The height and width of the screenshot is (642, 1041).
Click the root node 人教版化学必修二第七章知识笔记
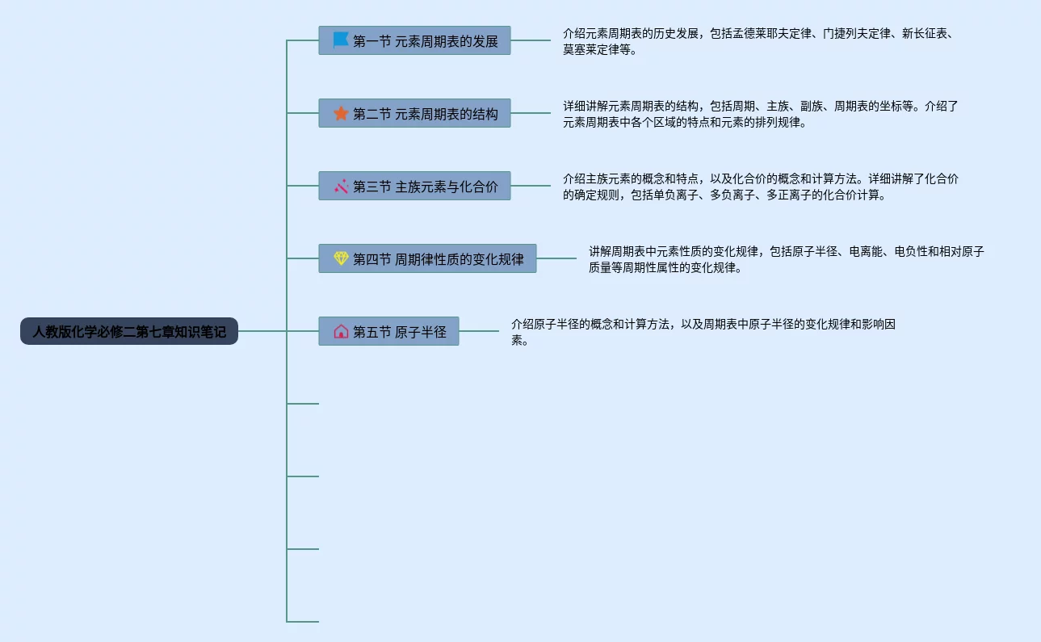pyautogui.click(x=129, y=331)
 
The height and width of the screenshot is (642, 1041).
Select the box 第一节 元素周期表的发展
pyautogui.click(x=414, y=40)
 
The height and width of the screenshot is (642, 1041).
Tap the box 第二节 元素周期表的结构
pyautogui.click(x=414, y=113)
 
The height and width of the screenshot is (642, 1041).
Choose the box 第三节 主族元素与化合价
pyautogui.click(x=414, y=186)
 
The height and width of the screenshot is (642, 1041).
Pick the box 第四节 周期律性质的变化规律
pyautogui.click(x=427, y=258)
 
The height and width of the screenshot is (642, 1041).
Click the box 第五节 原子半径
pyautogui.click(x=388, y=331)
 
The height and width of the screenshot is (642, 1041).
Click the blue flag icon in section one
pyautogui.click(x=341, y=40)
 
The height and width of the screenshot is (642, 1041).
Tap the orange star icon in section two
pyautogui.click(x=341, y=113)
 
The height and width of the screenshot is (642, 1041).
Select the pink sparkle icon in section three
pyautogui.click(x=341, y=186)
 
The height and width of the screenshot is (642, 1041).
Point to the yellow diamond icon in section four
pyautogui.click(x=341, y=258)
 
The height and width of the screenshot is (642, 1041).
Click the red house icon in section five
pyautogui.click(x=341, y=331)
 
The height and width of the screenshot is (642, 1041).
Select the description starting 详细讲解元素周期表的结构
pyautogui.click(x=760, y=114)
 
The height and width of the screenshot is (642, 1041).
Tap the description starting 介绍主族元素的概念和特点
pyautogui.click(x=760, y=187)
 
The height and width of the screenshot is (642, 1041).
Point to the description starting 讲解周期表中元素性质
pyautogui.click(x=786, y=259)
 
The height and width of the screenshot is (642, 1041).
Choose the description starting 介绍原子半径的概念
pyautogui.click(x=703, y=332)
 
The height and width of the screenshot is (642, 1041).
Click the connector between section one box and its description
pyautogui.click(x=531, y=40)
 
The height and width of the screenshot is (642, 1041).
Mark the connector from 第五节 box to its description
pyautogui.click(x=479, y=331)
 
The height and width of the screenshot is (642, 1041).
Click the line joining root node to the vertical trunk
pyautogui.click(x=262, y=331)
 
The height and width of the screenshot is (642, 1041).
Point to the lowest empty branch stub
pyautogui.click(x=303, y=622)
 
